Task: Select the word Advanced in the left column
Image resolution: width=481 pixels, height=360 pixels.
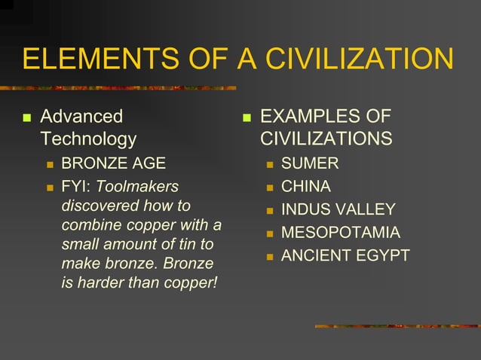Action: (x=81, y=117)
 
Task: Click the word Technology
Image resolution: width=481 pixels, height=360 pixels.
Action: (x=88, y=139)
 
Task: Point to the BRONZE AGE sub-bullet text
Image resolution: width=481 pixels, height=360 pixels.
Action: (x=113, y=163)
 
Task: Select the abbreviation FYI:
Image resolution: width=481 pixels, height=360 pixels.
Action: (x=76, y=185)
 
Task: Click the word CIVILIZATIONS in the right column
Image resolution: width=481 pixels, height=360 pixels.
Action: (x=326, y=139)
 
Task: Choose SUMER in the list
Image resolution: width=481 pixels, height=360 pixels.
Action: (x=310, y=163)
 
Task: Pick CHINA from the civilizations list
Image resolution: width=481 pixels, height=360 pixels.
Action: (x=306, y=186)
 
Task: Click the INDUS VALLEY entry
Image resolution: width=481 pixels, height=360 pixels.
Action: (x=338, y=209)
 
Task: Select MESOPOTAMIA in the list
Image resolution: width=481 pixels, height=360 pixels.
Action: (x=341, y=233)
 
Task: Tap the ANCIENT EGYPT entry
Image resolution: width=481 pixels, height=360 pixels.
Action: (x=345, y=256)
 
